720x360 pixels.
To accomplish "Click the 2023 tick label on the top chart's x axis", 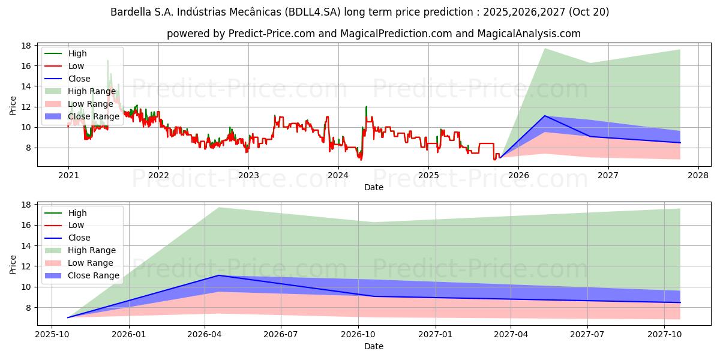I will pos(248,175).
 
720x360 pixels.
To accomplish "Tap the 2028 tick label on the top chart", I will pos(698,175).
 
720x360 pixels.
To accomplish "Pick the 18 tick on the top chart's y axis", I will pos(26,46).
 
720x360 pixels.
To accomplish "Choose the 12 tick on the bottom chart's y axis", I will pos(26,266).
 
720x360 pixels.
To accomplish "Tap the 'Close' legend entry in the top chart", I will pos(79,79).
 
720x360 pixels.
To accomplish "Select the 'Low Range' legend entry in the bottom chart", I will pos(91,263).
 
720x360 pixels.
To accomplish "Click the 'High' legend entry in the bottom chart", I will pos(77,213).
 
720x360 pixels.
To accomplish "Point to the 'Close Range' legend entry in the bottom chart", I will pos(94,275).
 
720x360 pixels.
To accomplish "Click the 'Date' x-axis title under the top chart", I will pos(374,187).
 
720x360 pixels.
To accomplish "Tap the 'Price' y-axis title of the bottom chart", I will pos(13,264).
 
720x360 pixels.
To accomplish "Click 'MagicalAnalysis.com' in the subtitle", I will pos(529,34).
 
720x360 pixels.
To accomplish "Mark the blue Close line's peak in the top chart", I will pos(545,116).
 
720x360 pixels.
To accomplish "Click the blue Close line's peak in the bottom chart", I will pos(218,275).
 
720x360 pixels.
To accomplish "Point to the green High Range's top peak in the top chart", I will pos(545,49).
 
